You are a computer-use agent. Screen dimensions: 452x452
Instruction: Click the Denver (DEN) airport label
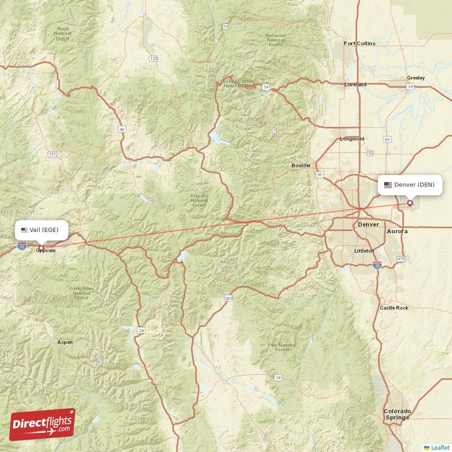(410, 185)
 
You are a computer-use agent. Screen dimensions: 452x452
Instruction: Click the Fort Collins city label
(359, 43)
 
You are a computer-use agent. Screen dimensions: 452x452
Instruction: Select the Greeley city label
(416, 78)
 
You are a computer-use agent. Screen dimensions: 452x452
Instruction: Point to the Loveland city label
(355, 85)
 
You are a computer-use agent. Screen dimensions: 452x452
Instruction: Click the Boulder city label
(301, 166)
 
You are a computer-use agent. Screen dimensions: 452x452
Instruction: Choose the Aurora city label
(397, 232)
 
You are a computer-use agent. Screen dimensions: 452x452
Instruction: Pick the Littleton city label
(363, 250)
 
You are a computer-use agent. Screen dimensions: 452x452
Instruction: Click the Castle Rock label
(394, 308)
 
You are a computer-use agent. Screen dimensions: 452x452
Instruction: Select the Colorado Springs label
(397, 414)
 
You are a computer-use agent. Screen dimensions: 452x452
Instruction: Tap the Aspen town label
(65, 342)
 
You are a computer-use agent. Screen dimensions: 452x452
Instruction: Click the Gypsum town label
(46, 250)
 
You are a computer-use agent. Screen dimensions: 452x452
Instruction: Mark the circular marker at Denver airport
(410, 203)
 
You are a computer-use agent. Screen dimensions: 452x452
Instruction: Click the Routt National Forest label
(62, 33)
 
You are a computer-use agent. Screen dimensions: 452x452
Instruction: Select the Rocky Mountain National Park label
(237, 82)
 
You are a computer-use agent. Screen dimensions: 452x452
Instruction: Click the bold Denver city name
(368, 224)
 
